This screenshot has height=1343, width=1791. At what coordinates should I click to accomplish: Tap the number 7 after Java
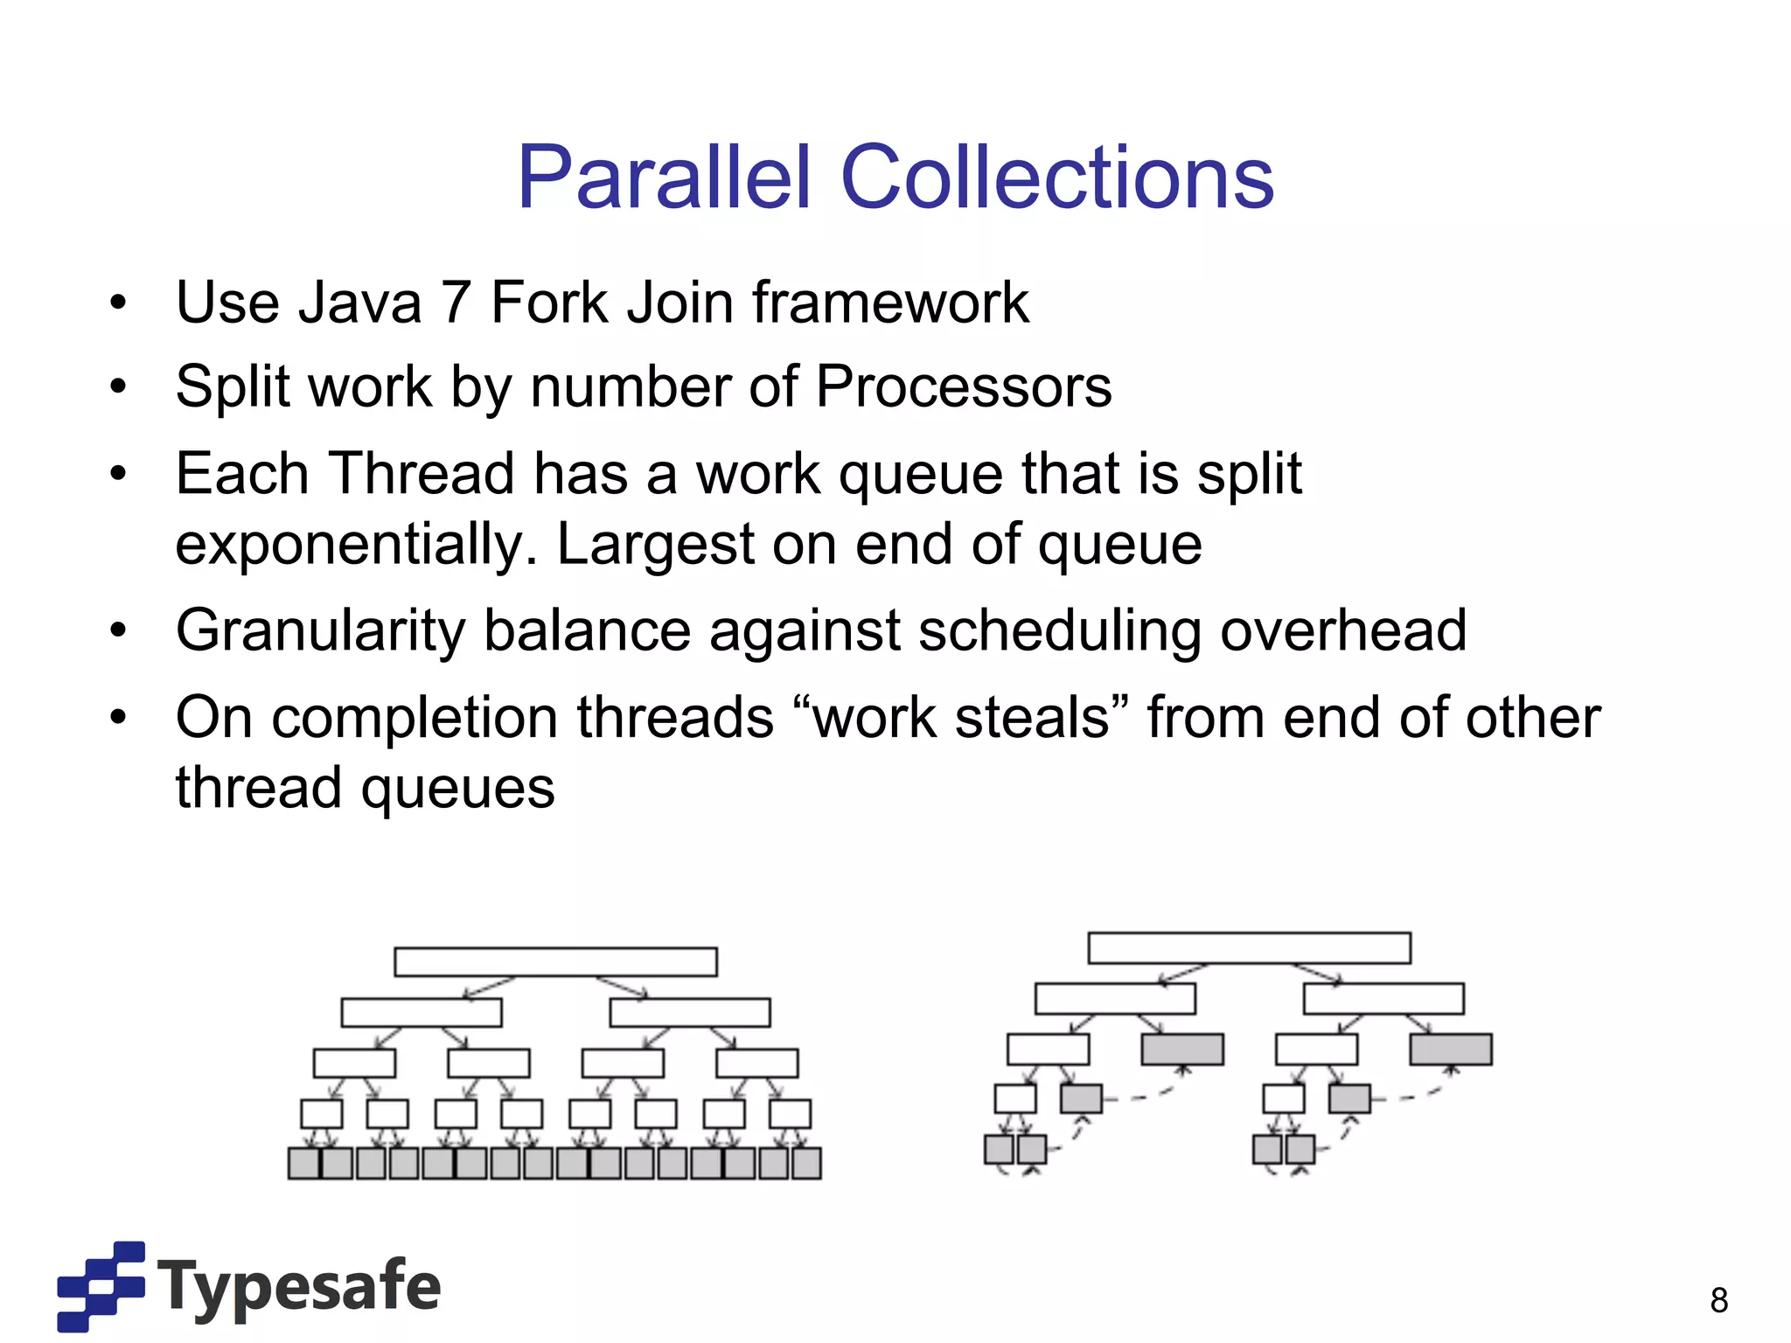click(x=455, y=303)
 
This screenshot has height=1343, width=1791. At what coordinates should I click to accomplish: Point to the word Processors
click(x=963, y=386)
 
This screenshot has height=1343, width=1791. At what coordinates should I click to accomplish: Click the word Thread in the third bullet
click(x=422, y=474)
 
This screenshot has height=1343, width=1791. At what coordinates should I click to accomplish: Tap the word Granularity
click(x=320, y=631)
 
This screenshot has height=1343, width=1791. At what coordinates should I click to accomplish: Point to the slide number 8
click(x=1718, y=1300)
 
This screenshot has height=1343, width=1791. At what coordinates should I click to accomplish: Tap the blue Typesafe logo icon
click(x=101, y=1285)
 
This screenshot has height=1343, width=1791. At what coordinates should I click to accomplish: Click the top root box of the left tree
click(x=555, y=962)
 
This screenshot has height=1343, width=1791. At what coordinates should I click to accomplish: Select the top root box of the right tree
click(x=1249, y=948)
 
